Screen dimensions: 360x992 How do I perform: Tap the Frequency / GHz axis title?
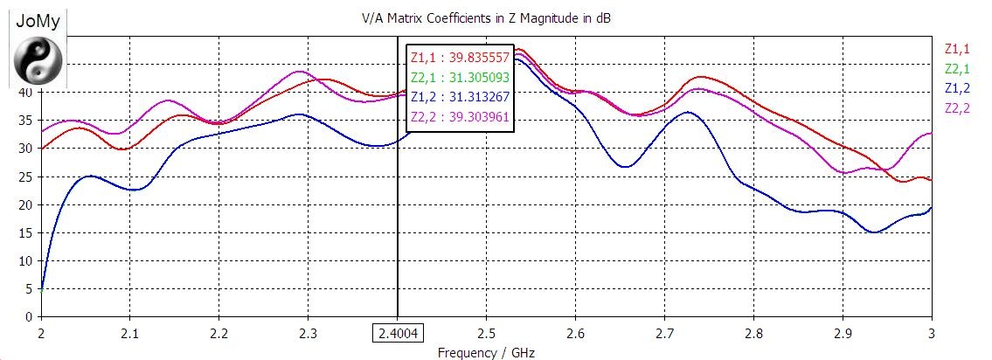tap(485, 353)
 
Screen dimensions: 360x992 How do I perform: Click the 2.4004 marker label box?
tap(397, 333)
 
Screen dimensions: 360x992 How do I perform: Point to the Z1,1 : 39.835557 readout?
tap(459, 57)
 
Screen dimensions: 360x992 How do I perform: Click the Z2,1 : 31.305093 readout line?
tap(459, 77)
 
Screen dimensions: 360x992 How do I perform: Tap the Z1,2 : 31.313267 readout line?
tap(459, 97)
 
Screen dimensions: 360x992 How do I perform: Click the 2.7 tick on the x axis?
tap(664, 333)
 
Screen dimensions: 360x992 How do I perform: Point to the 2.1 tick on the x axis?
tap(129, 333)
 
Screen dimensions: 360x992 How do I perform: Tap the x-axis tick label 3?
tap(931, 333)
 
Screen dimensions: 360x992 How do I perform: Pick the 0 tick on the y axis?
tap(28, 316)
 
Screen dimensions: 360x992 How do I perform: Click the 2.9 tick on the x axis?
tap(843, 333)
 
